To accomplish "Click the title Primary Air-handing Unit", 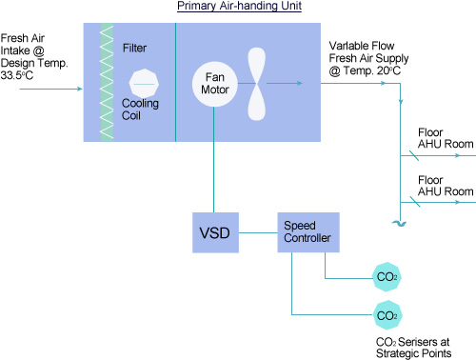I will point(239,7).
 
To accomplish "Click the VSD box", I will point(215,232).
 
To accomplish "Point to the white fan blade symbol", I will point(258,84).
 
